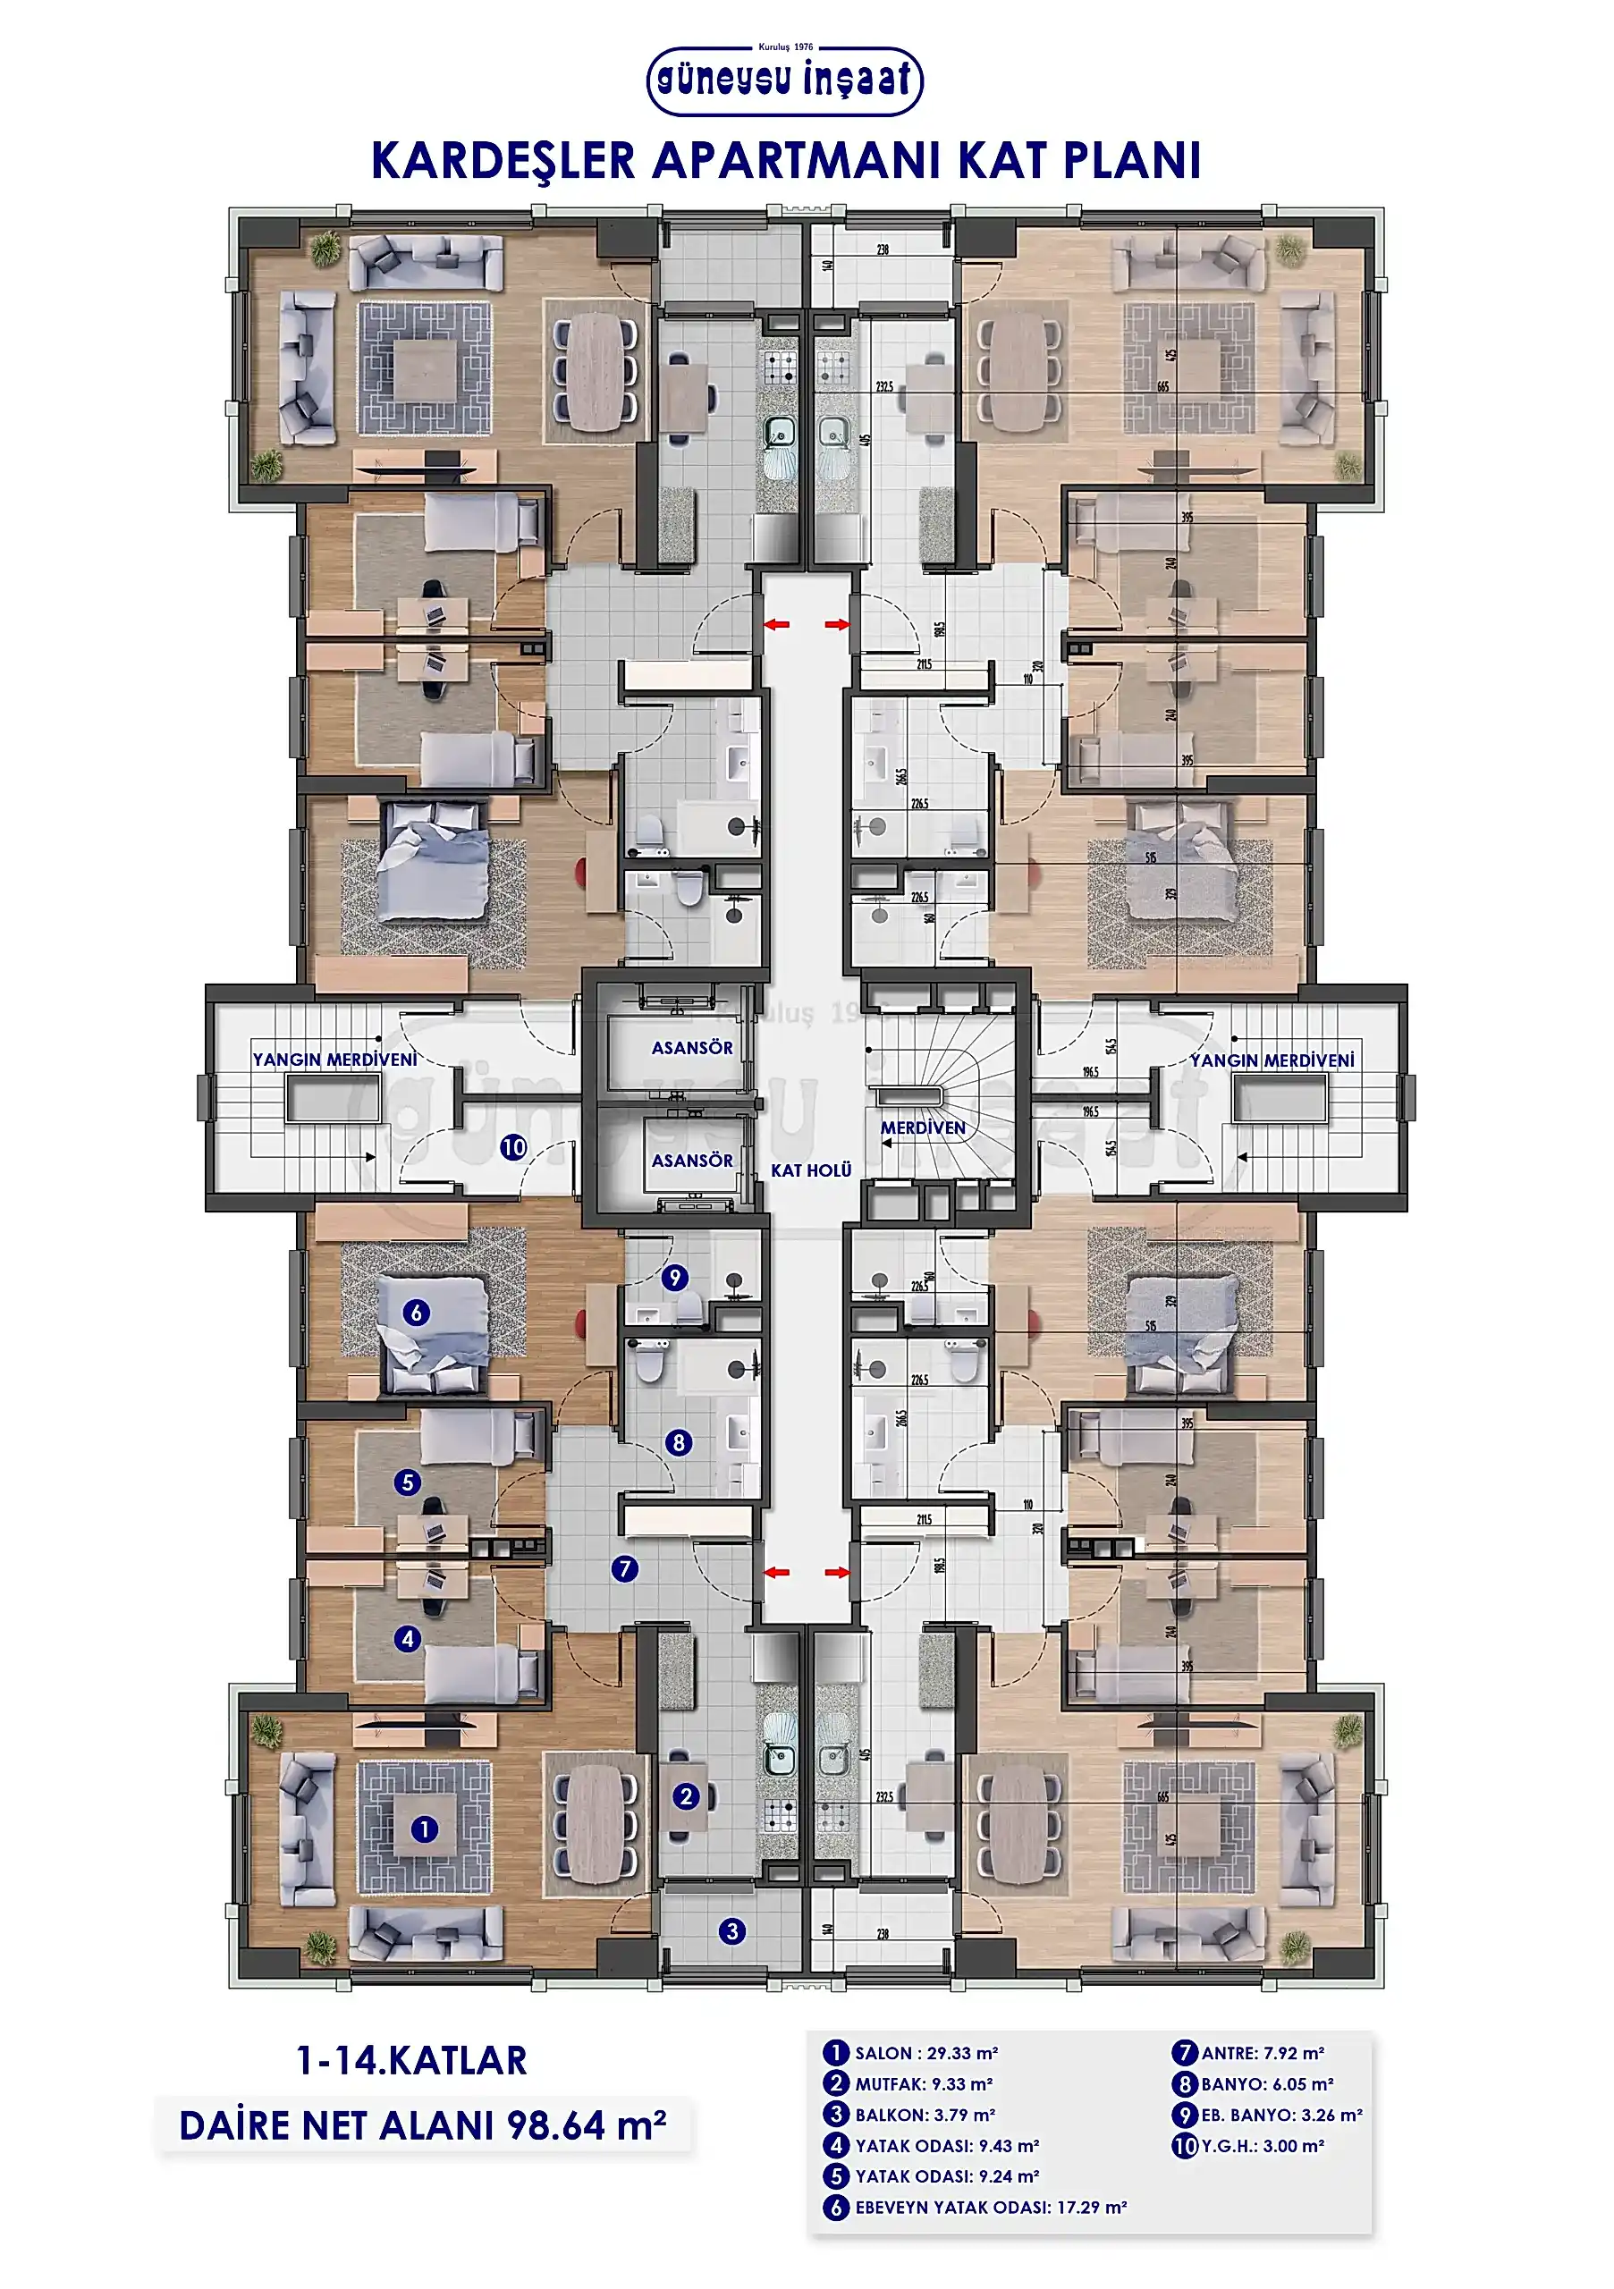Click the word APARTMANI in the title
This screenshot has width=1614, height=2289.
tap(797, 161)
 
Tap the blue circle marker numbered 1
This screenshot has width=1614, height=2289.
tap(425, 1829)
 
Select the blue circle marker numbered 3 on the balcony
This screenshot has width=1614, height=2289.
tap(731, 1931)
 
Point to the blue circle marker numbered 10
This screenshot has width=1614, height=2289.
tap(513, 1147)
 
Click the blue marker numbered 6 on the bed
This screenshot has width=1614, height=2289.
tap(417, 1313)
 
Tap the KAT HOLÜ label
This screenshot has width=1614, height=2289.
tap(810, 1170)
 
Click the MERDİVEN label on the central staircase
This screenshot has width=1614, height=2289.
tap(922, 1128)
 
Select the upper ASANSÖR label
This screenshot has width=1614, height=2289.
tap(692, 1048)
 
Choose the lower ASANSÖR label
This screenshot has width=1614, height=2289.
tap(692, 1161)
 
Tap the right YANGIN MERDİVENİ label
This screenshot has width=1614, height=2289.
tap(1272, 1060)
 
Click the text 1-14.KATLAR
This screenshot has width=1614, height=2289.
tap(411, 2062)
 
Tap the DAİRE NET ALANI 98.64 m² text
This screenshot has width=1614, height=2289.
tap(423, 2126)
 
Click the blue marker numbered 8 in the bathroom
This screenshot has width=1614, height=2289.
tap(679, 1442)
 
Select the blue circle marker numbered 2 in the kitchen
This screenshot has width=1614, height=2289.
tap(686, 1796)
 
